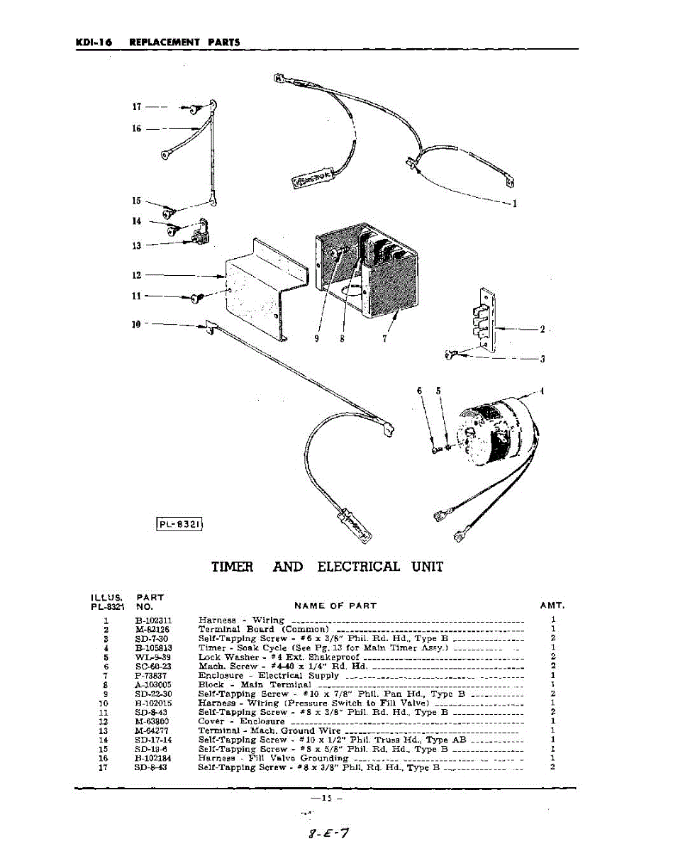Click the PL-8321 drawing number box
(180, 525)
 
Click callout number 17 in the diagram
(137, 107)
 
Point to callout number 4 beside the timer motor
(542, 391)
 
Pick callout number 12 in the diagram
(136, 275)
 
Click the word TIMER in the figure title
(232, 567)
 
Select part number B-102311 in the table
(153, 620)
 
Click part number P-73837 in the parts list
(151, 676)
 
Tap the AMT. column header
(552, 606)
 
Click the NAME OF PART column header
(335, 606)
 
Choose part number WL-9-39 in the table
(152, 657)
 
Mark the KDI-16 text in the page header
(94, 42)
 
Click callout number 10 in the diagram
(136, 324)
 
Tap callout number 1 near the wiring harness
(514, 204)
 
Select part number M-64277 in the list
(152, 730)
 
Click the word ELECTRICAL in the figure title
(358, 567)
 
